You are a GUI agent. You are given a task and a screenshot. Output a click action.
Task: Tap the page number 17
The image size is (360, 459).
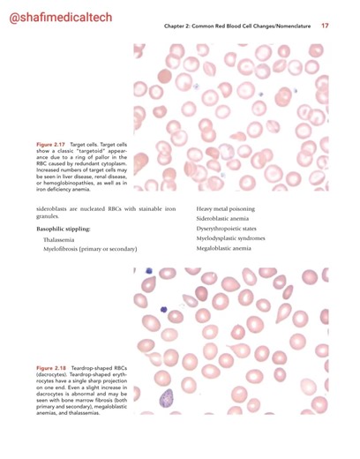pos(325,25)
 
